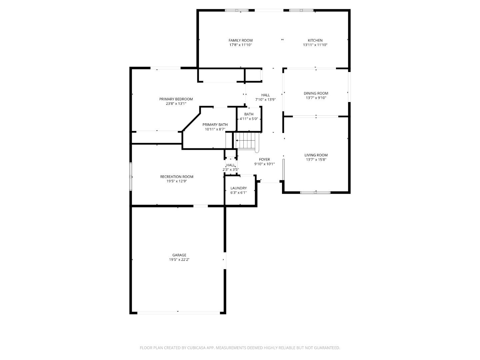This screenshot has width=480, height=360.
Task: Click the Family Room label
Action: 240,40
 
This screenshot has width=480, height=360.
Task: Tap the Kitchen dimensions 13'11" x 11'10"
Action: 315,45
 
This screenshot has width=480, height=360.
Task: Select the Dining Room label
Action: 316,93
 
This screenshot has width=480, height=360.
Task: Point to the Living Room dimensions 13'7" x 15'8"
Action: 316,159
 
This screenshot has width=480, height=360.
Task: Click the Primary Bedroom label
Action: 176,99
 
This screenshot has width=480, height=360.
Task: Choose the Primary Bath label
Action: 215,125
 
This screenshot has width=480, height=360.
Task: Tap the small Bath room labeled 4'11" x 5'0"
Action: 249,117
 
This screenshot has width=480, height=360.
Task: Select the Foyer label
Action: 264,159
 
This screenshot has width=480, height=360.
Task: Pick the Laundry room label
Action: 238,188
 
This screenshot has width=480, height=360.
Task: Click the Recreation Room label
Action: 176,177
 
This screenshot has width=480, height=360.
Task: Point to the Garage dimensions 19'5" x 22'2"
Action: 179,260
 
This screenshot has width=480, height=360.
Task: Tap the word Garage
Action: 179,255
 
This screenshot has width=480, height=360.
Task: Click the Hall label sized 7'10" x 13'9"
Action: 265,95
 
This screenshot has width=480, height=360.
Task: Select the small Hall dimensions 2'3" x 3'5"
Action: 231,170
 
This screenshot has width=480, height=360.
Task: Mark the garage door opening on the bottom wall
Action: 178,313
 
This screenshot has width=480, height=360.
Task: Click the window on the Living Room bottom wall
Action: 315,192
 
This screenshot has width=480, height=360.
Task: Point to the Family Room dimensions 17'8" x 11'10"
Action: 240,45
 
